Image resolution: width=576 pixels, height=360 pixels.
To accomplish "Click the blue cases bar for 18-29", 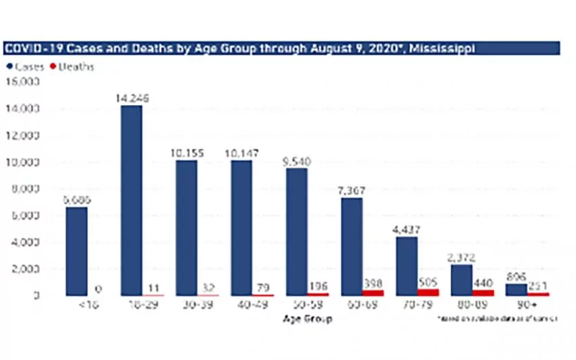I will click(x=131, y=201).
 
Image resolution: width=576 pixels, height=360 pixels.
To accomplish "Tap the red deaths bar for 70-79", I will click(x=427, y=292).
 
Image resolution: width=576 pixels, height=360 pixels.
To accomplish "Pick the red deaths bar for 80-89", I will click(x=482, y=293).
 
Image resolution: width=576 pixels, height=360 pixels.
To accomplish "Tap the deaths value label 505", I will click(x=427, y=281).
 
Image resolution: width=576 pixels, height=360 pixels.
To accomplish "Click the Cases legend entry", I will click(x=28, y=66).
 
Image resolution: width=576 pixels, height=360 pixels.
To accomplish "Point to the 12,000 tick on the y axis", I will click(x=25, y=136).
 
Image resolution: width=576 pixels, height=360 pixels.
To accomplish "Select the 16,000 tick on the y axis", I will click(x=25, y=82).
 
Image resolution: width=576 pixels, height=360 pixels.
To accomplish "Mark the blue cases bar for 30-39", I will click(x=186, y=228).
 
